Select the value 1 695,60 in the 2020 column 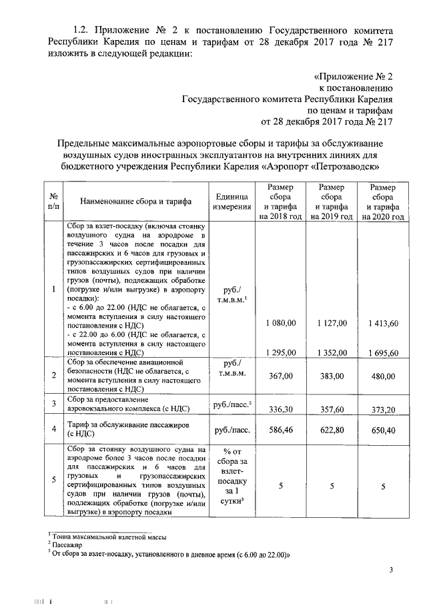[x=384, y=352]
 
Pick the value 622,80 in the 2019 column [x=332, y=432]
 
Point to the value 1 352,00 [x=332, y=352]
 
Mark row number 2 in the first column [x=53, y=376]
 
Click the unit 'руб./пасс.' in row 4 [x=231, y=431]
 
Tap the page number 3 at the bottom [x=392, y=569]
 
